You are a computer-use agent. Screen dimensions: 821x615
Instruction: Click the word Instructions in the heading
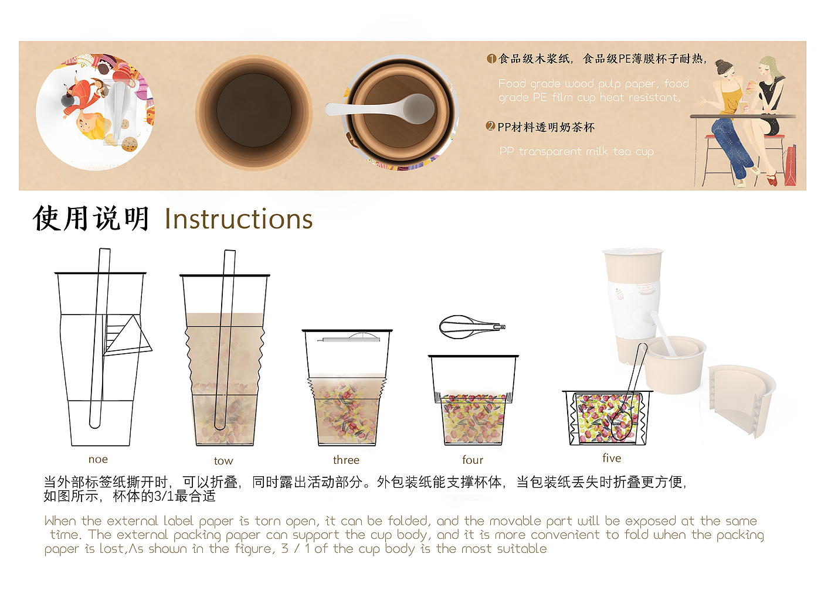click(x=238, y=219)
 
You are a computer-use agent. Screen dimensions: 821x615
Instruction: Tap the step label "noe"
click(x=98, y=459)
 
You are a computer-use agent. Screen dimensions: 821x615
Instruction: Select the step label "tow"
click(x=223, y=461)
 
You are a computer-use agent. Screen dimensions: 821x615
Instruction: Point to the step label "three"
click(x=346, y=460)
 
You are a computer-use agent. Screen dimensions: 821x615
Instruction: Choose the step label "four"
click(x=473, y=460)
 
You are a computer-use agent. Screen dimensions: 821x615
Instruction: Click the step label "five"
click(x=612, y=458)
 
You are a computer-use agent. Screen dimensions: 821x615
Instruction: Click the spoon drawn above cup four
click(x=472, y=327)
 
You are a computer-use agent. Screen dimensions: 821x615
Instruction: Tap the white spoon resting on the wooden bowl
click(x=381, y=108)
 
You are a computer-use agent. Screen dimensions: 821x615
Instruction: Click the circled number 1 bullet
click(x=491, y=59)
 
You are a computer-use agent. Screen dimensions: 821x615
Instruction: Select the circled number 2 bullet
click(x=490, y=126)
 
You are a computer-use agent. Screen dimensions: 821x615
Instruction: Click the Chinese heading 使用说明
click(x=91, y=218)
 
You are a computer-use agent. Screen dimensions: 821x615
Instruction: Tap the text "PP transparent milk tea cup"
click(x=576, y=152)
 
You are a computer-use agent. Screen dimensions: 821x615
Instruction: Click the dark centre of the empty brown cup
click(x=253, y=110)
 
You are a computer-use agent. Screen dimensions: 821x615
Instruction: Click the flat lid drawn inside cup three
click(x=348, y=339)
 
